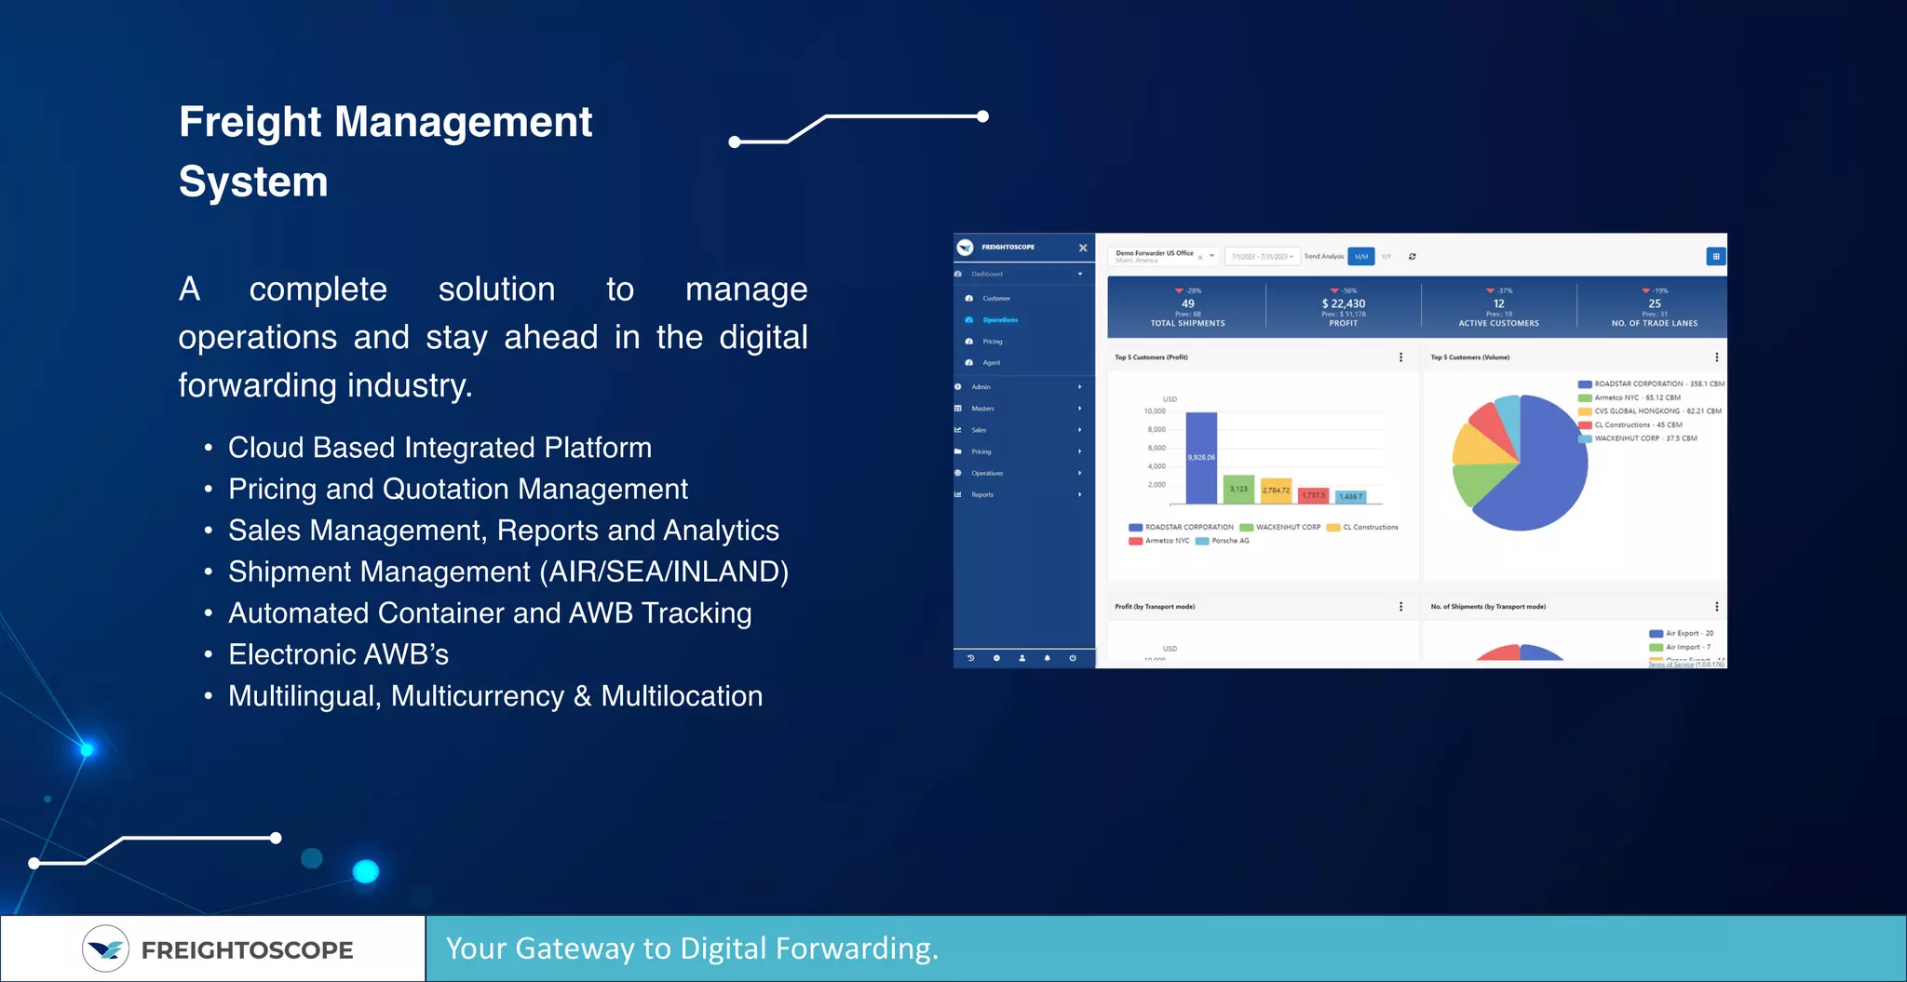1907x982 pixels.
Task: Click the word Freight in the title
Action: point(250,123)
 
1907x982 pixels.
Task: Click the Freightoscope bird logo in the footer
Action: point(105,948)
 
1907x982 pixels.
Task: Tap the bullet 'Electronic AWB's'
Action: point(338,654)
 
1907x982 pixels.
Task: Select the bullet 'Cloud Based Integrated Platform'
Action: point(440,448)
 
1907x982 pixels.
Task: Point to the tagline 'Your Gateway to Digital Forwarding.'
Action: point(692,948)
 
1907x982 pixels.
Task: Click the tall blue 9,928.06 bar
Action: point(1201,458)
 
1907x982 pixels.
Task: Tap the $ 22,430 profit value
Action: point(1343,303)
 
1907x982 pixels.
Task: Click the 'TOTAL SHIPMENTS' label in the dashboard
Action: point(1187,324)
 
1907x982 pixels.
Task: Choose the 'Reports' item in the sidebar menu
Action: point(982,495)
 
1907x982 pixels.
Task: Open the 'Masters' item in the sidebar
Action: point(982,409)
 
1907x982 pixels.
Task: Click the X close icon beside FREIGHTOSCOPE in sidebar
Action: point(1083,248)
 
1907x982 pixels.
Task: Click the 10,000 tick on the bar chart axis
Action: point(1155,411)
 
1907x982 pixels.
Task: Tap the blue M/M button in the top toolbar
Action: point(1360,257)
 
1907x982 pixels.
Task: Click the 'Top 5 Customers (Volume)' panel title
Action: point(1469,357)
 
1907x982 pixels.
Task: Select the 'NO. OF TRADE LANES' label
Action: point(1654,324)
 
